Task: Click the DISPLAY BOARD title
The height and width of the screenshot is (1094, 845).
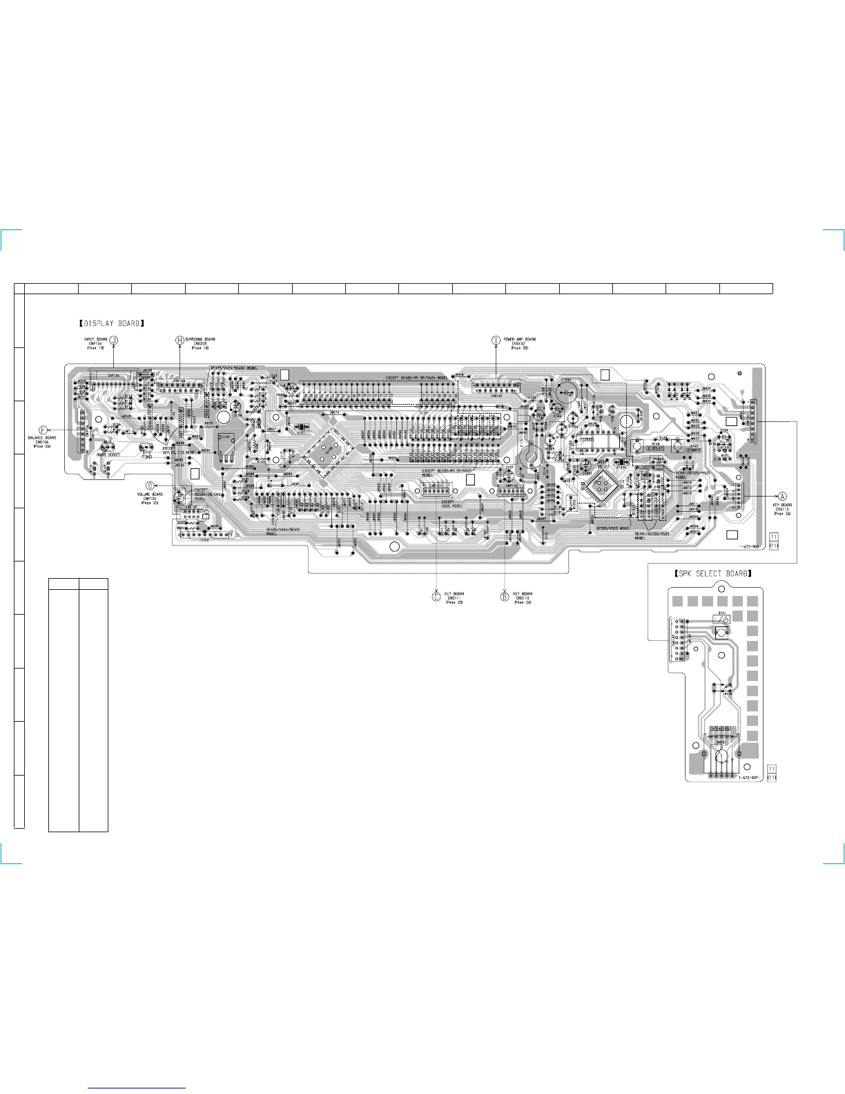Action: pyautogui.click(x=111, y=323)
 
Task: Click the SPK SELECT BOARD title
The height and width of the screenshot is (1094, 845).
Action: pyautogui.click(x=712, y=573)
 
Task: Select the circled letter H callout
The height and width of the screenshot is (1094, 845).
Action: pyautogui.click(x=179, y=340)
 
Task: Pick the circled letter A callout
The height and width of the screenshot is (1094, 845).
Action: pyautogui.click(x=782, y=496)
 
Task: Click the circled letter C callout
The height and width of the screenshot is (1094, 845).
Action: pyautogui.click(x=436, y=597)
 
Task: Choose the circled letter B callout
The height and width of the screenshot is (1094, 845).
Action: pyautogui.click(x=505, y=597)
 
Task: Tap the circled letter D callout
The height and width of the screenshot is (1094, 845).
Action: pyautogui.click(x=150, y=486)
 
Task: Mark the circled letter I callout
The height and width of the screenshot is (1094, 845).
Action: pyautogui.click(x=496, y=340)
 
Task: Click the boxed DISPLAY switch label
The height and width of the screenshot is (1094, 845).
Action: pyautogui.click(x=654, y=449)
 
